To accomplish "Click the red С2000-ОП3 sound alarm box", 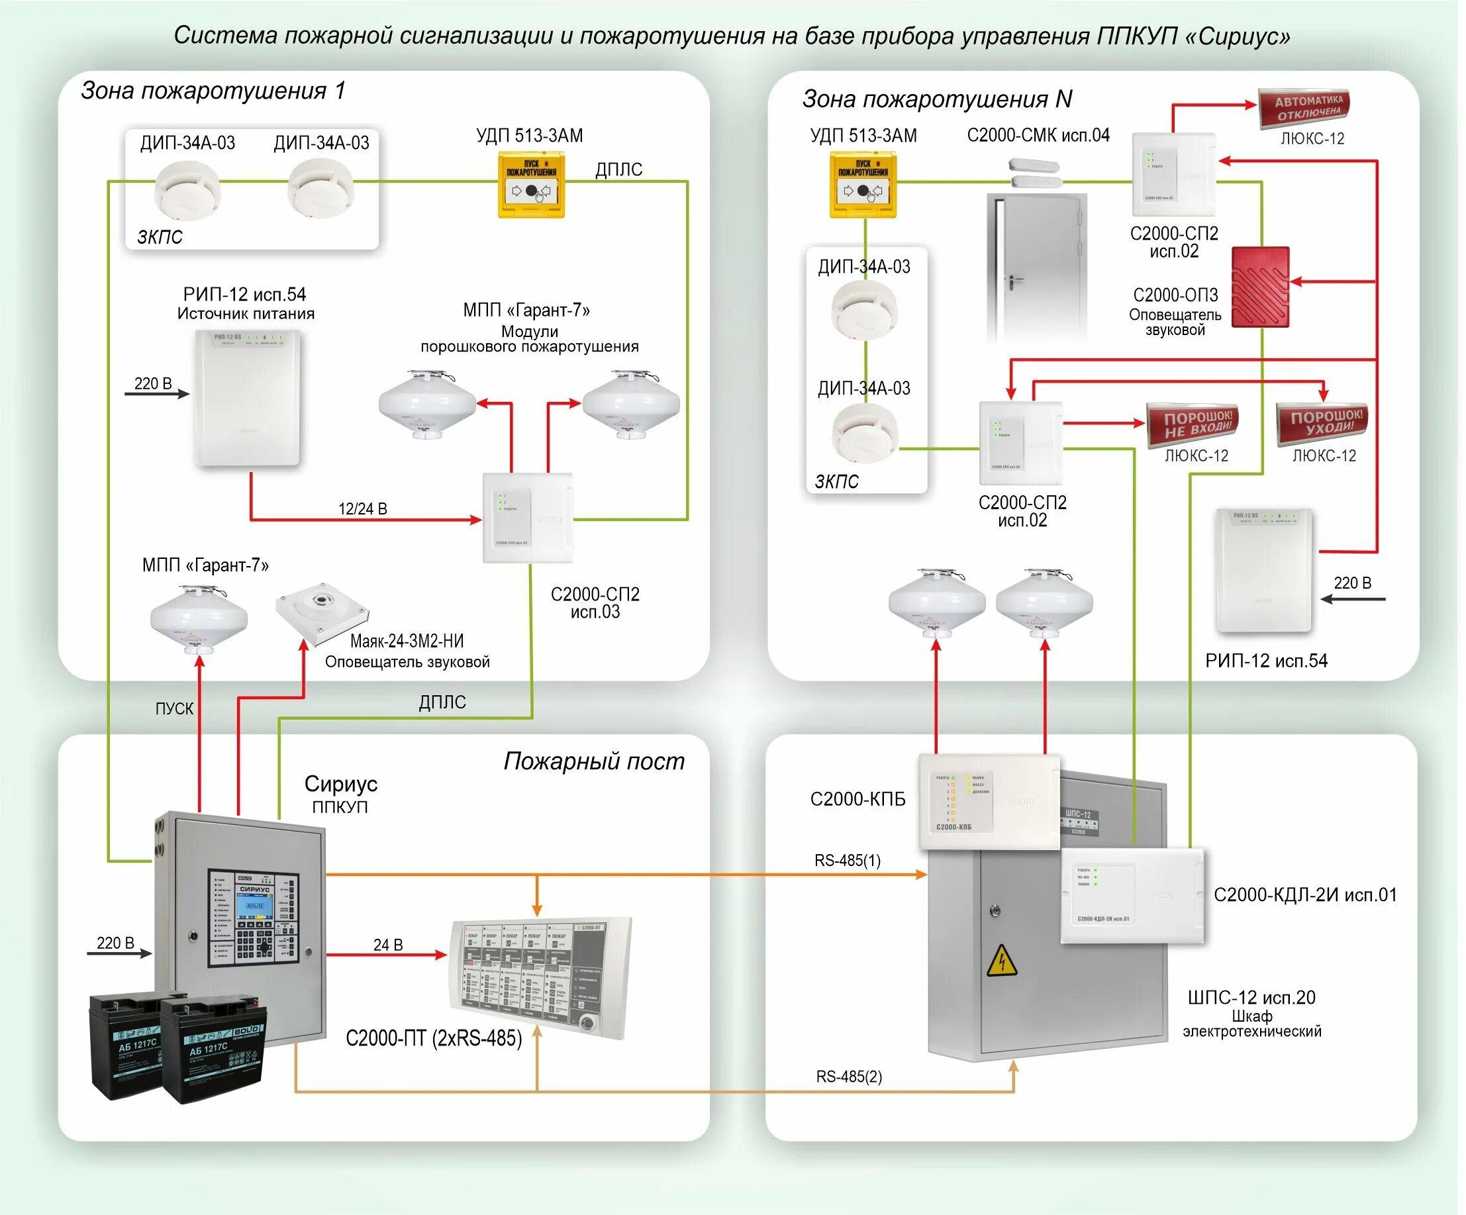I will point(1260,286).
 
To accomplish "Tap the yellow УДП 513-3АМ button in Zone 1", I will point(530,185).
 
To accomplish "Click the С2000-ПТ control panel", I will point(540,977).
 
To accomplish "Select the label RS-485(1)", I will point(848,860).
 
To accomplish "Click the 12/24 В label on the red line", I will point(362,509).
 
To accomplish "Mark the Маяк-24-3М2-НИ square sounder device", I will point(321,611).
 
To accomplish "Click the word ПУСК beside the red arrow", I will point(174,708).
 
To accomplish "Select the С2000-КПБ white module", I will point(989,801).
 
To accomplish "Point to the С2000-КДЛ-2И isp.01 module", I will point(1132,895).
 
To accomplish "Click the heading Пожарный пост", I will point(594,761).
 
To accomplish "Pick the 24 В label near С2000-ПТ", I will point(388,945).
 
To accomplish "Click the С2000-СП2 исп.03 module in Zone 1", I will point(528,517).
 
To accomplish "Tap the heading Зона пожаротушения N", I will point(937,99).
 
